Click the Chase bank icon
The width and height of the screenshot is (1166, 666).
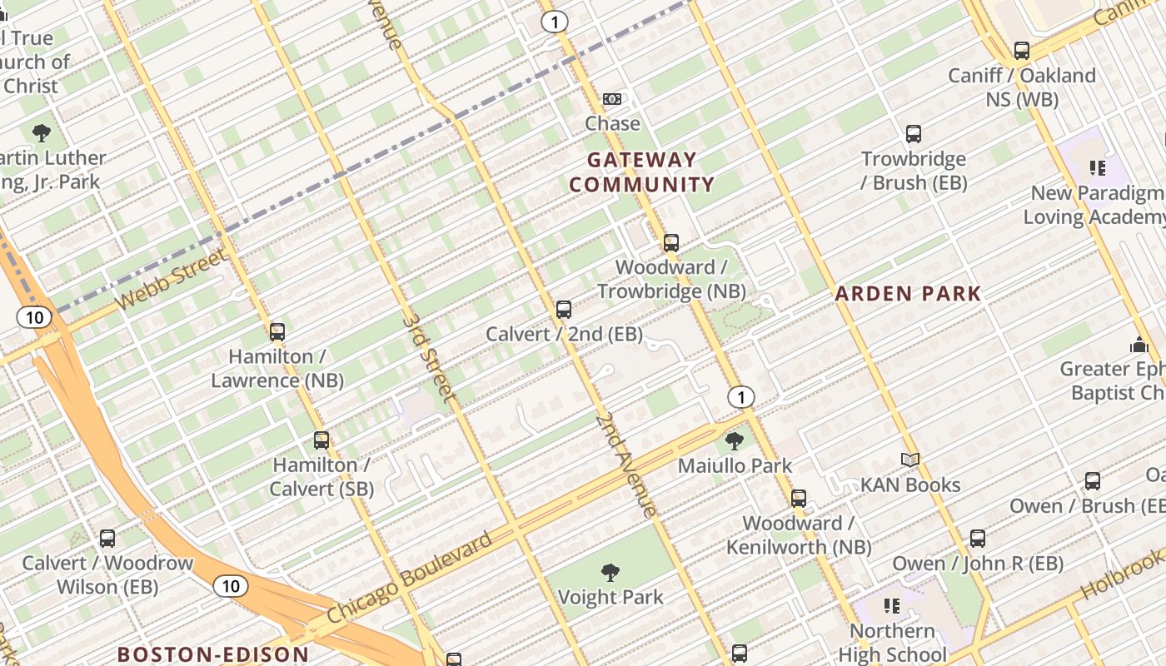tap(612, 99)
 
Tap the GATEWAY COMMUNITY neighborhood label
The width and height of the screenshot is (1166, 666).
tap(641, 172)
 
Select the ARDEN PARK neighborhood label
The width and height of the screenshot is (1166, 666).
tap(909, 293)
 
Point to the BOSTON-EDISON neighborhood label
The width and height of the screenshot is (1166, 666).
tap(212, 654)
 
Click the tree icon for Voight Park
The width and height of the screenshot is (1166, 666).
tap(610, 572)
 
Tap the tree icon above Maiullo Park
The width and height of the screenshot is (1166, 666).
tap(734, 440)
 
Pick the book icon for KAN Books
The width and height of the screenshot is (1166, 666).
tap(910, 460)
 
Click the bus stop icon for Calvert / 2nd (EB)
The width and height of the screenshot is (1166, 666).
tap(564, 310)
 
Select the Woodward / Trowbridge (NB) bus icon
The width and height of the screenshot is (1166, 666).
tap(671, 243)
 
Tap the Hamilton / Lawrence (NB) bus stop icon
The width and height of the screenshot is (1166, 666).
tap(277, 332)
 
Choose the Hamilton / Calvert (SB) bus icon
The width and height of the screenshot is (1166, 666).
tap(321, 440)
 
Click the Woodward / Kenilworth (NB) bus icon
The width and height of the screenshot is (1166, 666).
tap(799, 499)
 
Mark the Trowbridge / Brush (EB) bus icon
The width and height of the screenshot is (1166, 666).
tap(914, 134)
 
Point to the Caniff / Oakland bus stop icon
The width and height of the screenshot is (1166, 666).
tap(1022, 51)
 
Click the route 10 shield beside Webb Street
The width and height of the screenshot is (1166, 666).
tap(33, 317)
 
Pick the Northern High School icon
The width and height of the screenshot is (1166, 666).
tap(892, 605)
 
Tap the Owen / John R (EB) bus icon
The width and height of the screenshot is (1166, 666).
tap(978, 539)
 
